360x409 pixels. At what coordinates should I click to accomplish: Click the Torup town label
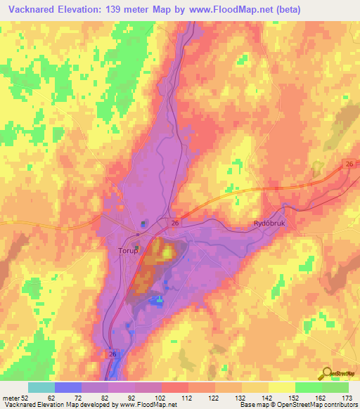117,249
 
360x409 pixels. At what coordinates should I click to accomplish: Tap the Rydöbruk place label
268,223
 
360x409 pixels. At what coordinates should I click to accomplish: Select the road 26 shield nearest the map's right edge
349,164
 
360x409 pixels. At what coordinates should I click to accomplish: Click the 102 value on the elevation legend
161,398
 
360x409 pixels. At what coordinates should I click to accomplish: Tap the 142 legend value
268,398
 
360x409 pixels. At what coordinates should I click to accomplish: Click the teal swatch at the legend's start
41,387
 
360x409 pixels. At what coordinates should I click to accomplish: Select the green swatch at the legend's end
335,387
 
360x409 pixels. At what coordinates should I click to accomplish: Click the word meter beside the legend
11,398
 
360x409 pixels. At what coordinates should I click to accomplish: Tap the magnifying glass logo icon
327,373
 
